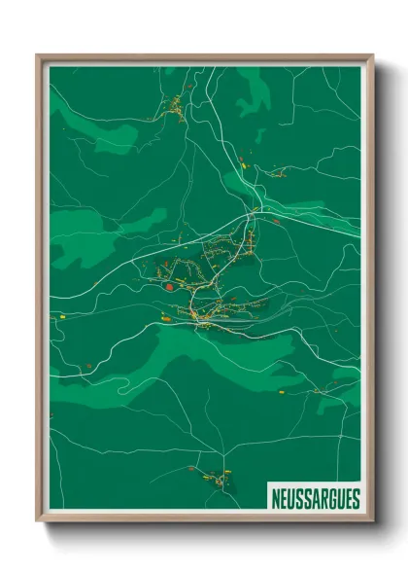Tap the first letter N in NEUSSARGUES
click(277, 498)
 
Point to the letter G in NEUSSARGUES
click(331, 498)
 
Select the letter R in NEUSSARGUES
click(323, 498)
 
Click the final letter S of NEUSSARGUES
click(356, 498)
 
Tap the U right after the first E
click(291, 498)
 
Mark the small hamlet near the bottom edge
click(214, 477)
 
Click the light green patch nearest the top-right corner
click(255, 92)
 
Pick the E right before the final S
click(348, 498)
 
